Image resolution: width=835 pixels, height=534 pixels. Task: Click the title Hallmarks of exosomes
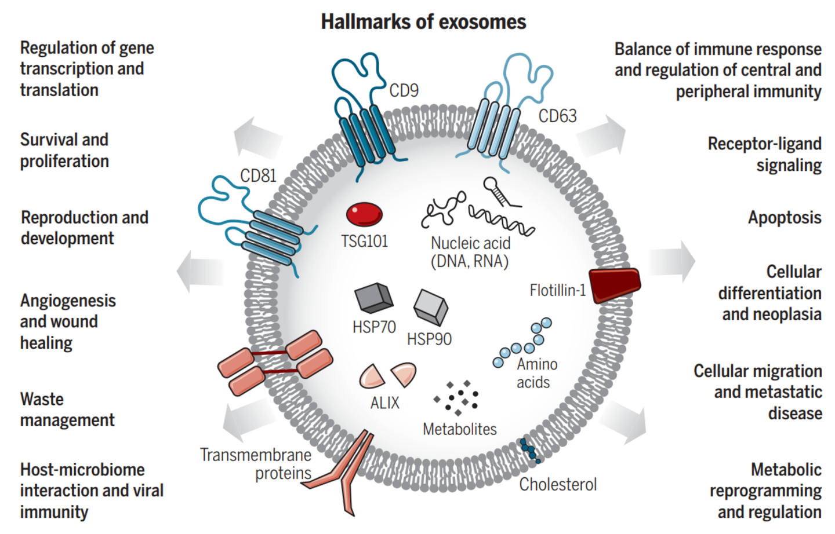point(423,22)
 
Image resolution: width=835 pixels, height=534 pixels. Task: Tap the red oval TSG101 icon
point(364,214)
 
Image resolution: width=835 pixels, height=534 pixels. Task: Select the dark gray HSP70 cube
point(373,298)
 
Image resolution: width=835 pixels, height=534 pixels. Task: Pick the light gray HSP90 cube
point(430,306)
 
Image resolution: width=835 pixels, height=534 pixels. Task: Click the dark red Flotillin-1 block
point(615,284)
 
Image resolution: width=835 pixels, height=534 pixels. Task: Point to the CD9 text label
point(404,91)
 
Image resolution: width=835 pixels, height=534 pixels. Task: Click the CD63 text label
point(557,116)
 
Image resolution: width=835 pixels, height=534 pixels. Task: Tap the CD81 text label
point(258,176)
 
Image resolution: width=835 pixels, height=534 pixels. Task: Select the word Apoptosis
point(784,218)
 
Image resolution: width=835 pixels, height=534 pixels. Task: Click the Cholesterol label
point(557,484)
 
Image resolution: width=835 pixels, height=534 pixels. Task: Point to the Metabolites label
point(459,429)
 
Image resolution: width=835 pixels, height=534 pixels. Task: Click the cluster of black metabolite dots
point(456,397)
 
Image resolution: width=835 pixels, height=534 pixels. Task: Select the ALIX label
point(384,403)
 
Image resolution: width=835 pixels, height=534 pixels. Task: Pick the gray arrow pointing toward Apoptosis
point(671,262)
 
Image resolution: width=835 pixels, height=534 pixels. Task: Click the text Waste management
point(67,409)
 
